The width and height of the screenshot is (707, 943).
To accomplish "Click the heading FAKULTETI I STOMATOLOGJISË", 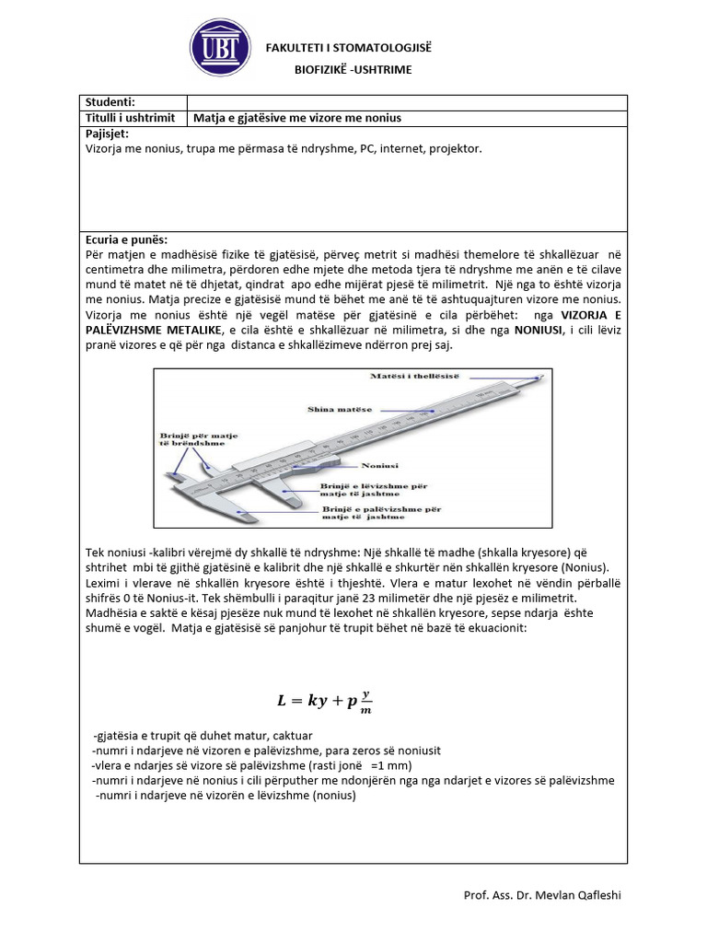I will pos(348,48).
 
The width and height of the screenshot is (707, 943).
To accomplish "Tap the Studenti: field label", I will pos(110,102).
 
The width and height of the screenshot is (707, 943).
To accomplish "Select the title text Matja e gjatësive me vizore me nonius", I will pos(297,118).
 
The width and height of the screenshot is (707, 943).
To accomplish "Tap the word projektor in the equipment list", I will pos(457,148).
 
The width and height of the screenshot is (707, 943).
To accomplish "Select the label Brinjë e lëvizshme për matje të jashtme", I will pos(376,488).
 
